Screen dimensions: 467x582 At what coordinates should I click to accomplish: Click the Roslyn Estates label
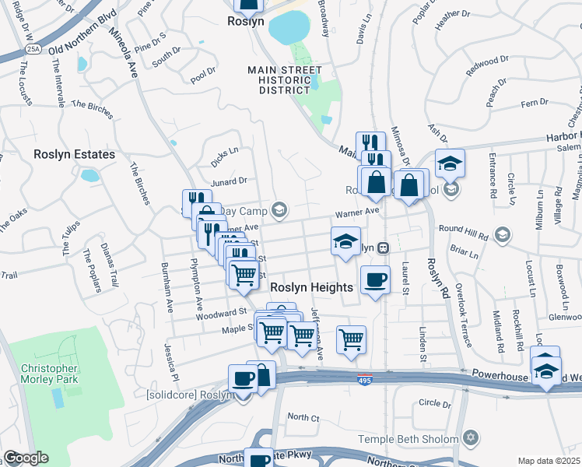click(74, 154)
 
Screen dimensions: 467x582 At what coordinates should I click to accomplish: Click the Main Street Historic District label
click(285, 80)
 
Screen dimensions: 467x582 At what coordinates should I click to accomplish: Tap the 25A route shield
click(33, 48)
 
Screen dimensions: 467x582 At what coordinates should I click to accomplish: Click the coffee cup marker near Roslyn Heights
click(375, 279)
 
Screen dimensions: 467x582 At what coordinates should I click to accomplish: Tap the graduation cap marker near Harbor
click(450, 164)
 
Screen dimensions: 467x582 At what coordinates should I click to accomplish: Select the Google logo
click(26, 458)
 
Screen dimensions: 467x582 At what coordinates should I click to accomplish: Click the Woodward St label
click(221, 312)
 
